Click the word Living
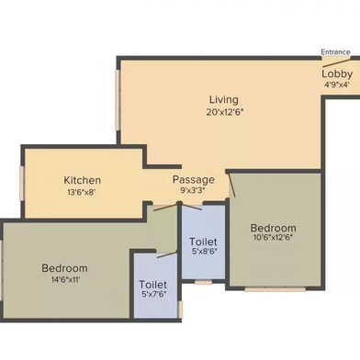click(224, 99)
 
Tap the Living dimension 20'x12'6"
click(224, 111)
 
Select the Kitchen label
click(83, 180)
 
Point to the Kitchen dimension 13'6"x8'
click(83, 192)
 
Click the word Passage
click(194, 180)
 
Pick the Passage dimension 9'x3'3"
click(194, 192)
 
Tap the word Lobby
click(336, 73)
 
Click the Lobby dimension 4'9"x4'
click(336, 84)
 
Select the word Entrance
click(334, 52)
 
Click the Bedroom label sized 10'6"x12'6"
click(274, 228)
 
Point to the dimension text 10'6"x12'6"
click(274, 239)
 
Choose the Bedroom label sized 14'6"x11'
click(64, 268)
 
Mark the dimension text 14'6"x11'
click(64, 280)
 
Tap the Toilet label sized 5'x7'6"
click(152, 285)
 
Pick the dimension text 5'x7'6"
click(152, 296)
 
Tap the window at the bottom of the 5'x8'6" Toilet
click(203, 281)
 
